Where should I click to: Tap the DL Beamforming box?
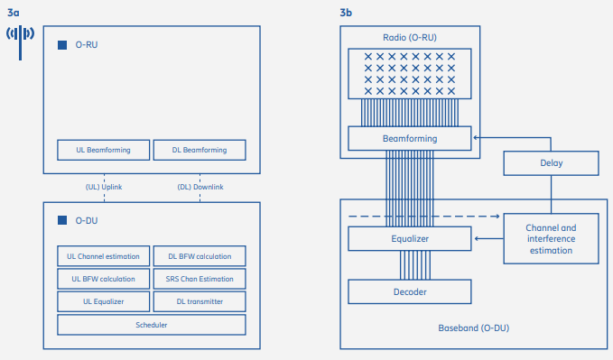[x=200, y=150]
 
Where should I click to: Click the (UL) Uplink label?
[x=104, y=187]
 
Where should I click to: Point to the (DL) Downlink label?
[x=200, y=187]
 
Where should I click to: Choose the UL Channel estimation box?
[x=103, y=256]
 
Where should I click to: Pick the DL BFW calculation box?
[x=200, y=256]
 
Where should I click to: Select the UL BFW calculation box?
[x=103, y=279]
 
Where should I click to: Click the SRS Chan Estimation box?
[x=200, y=279]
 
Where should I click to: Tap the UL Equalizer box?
[x=103, y=301]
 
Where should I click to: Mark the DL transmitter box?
[x=200, y=301]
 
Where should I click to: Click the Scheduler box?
[x=152, y=325]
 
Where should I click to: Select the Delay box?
[x=551, y=164]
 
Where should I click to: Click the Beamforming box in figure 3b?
[x=410, y=138]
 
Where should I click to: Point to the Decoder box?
[x=410, y=291]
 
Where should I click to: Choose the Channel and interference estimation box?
[x=551, y=238]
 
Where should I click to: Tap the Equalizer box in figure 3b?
[x=410, y=239]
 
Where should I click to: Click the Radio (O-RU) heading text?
[x=409, y=38]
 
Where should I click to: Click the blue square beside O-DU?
[x=62, y=220]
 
